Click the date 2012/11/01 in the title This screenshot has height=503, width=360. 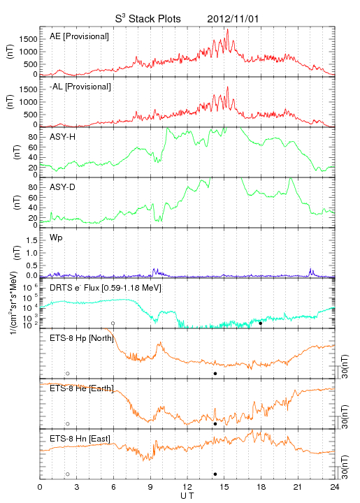pyautogui.click(x=233, y=19)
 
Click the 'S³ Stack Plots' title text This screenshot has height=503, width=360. pyautogui.click(x=148, y=19)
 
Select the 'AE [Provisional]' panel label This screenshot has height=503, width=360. pyautogui.click(x=79, y=36)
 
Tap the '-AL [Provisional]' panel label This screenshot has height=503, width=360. pyautogui.click(x=80, y=87)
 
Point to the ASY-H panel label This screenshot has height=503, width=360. pyautogui.click(x=63, y=137)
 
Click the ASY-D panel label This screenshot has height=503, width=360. pyautogui.click(x=63, y=187)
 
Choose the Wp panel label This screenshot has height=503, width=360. pyautogui.click(x=56, y=238)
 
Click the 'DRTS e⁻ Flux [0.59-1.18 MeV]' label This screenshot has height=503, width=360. pyautogui.click(x=106, y=288)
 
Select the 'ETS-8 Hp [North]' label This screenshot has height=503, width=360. pyautogui.click(x=82, y=338)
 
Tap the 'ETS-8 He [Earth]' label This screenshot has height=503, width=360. pyautogui.click(x=82, y=388)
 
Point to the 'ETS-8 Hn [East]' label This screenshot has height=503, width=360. pyautogui.click(x=80, y=439)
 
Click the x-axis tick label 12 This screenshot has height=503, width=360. pyautogui.click(x=187, y=487)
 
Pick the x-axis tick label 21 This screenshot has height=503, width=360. pyautogui.click(x=298, y=487)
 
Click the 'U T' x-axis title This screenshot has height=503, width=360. pyautogui.click(x=187, y=496)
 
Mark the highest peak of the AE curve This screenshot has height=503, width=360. pyautogui.click(x=227, y=29)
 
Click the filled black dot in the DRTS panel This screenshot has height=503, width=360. pyautogui.click(x=261, y=323)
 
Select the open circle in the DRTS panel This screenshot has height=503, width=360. pyautogui.click(x=113, y=323)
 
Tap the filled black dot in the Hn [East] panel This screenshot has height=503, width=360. pyautogui.click(x=215, y=474)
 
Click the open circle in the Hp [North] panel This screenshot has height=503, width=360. pyautogui.click(x=68, y=374)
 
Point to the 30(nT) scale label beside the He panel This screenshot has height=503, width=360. pyautogui.click(x=345, y=417)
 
